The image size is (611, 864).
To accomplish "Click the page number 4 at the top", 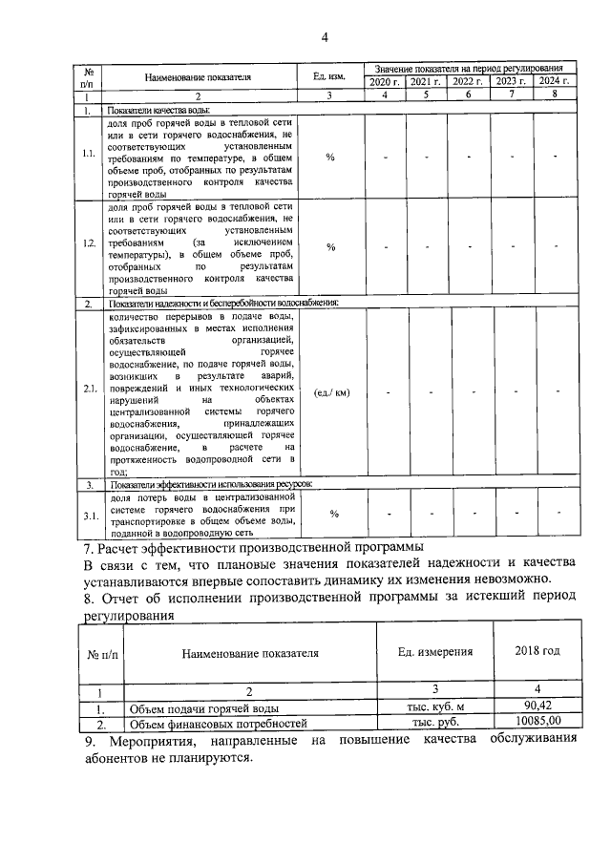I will [x=325, y=37].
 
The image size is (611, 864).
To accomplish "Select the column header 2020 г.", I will [x=385, y=83].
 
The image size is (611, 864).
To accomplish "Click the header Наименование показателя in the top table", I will [x=199, y=76].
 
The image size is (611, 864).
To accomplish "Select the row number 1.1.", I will [x=88, y=157].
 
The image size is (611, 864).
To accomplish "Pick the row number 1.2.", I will [x=88, y=246].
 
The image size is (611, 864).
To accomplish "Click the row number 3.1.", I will [x=88, y=516].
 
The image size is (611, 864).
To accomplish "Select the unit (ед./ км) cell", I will [x=330, y=391].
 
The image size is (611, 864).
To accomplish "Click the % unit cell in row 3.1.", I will [x=334, y=515].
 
